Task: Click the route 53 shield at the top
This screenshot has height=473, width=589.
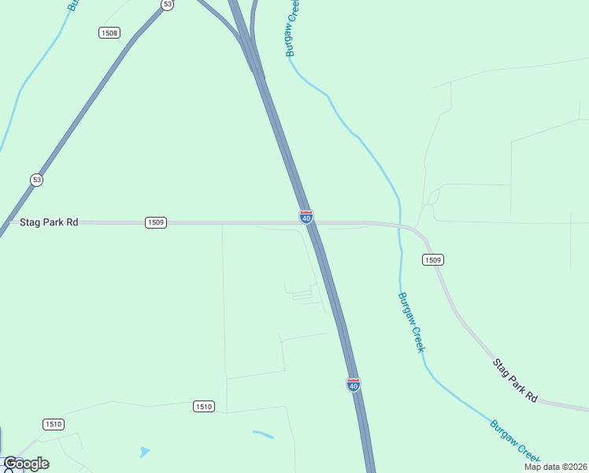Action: coord(167,5)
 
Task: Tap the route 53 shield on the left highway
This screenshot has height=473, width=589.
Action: coord(37,180)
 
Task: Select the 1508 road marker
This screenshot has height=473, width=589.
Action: coord(109,32)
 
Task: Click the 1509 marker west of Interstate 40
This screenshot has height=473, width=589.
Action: coord(156,223)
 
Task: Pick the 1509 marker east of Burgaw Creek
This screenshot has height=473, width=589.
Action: coord(432,259)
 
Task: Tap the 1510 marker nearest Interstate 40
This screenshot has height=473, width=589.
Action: coord(203,406)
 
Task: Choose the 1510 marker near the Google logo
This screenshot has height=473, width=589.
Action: coord(54,424)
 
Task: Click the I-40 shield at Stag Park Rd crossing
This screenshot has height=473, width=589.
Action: coord(306,216)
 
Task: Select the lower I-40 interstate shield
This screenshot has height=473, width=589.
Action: coord(354,385)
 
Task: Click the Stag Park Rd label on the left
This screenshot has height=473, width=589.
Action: coord(49,223)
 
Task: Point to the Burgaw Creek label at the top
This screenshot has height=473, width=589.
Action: coord(292,28)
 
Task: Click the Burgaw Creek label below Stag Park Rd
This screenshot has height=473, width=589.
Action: coord(412,322)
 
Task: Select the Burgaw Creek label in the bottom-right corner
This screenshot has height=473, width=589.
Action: coord(515,441)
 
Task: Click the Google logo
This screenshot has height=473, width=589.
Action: coord(26,464)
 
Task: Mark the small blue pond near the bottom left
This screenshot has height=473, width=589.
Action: coord(144,452)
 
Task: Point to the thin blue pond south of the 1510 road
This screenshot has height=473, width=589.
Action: coord(263,434)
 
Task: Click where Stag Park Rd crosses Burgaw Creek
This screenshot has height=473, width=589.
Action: coord(401,226)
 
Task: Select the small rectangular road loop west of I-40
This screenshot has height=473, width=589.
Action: coord(302,296)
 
